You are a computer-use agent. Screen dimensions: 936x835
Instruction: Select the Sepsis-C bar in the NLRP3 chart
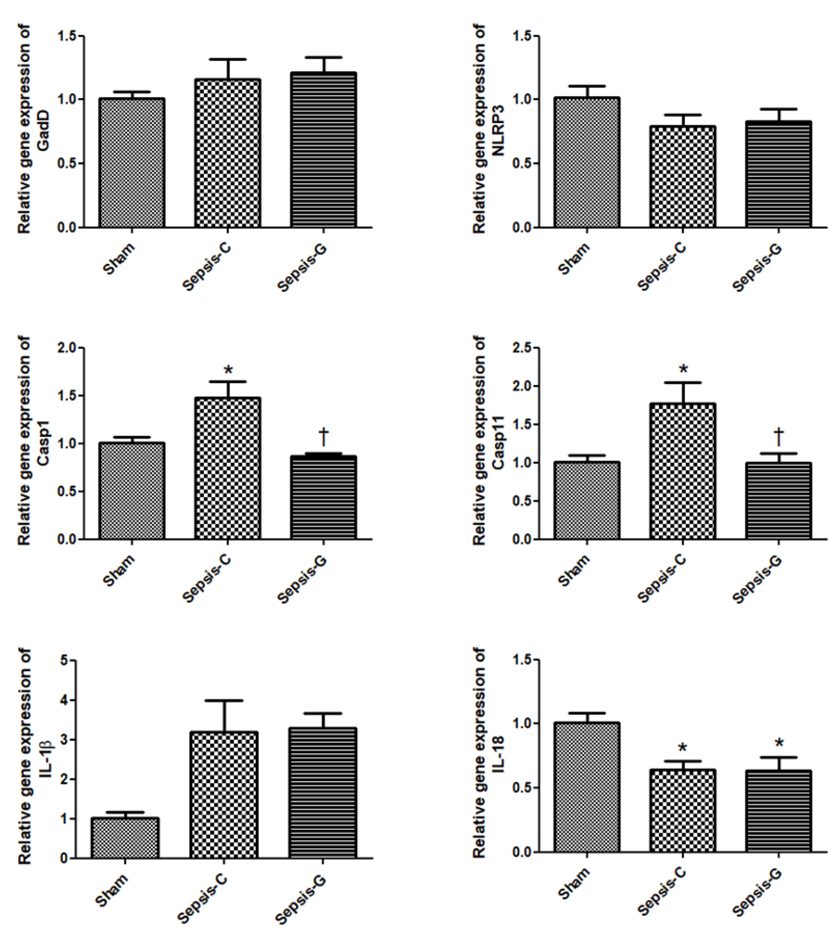682,177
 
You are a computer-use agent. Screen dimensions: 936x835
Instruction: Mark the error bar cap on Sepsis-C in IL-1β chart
225,700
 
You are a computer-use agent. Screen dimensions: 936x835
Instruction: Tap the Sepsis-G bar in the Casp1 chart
323,497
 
